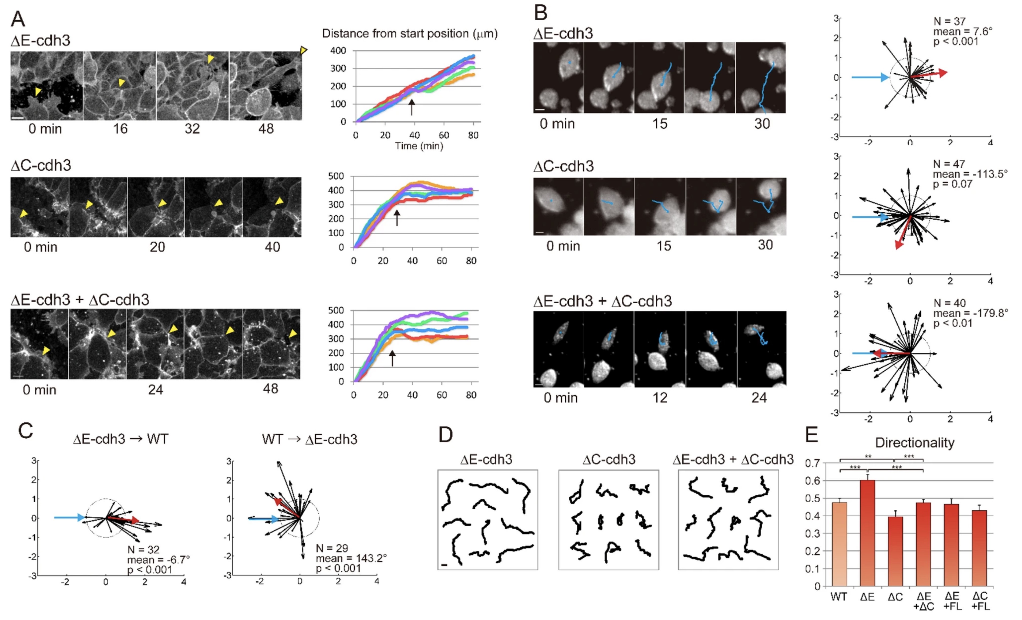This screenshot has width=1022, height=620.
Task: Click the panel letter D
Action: [445, 435]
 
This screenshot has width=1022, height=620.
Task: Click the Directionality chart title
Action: [914, 443]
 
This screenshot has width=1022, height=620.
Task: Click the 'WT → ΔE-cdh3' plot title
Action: [310, 439]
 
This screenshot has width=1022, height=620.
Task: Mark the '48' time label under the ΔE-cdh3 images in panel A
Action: [266, 129]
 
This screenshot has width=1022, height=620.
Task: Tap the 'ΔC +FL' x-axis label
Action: [980, 601]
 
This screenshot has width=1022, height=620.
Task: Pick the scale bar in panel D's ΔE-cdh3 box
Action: [444, 565]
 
